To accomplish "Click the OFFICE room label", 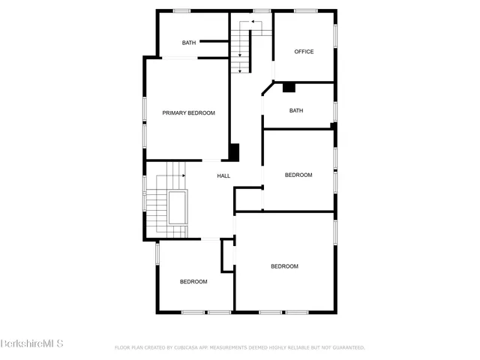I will pyautogui.click(x=304, y=52).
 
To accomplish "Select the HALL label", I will pyautogui.click(x=223, y=176).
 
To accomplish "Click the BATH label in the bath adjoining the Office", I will pyautogui.click(x=296, y=111).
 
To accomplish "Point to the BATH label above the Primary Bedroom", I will pyautogui.click(x=188, y=43).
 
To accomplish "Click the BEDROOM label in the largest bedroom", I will pyautogui.click(x=284, y=266).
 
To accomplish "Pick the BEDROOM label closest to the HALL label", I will pyautogui.click(x=298, y=175).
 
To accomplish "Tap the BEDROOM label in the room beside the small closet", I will pyautogui.click(x=193, y=281).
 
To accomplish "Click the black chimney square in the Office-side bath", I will pyautogui.click(x=289, y=88).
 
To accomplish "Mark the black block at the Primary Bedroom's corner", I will pyautogui.click(x=234, y=151).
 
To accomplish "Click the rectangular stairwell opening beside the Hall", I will pyautogui.click(x=178, y=208).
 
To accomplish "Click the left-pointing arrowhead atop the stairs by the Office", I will pyautogui.click(x=253, y=22).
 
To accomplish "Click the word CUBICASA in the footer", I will pyautogui.click(x=189, y=347).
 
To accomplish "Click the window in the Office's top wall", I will pyautogui.click(x=305, y=10).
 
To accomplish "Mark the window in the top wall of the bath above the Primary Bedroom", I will pyautogui.click(x=182, y=10).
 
